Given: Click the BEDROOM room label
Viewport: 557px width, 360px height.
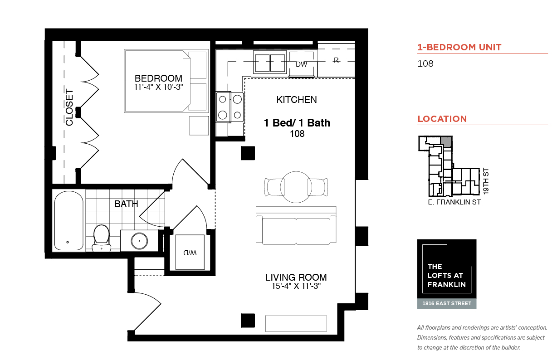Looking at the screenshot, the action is pyautogui.click(x=158, y=78).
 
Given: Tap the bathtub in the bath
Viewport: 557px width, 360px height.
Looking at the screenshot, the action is pyautogui.click(x=69, y=220).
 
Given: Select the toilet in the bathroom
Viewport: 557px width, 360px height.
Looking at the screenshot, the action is pyautogui.click(x=102, y=238).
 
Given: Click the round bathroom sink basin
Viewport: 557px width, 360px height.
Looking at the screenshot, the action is pyautogui.click(x=139, y=241).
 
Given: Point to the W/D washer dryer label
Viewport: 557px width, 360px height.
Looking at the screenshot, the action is pyautogui.click(x=190, y=253).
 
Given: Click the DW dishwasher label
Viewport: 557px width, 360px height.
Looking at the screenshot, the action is pyautogui.click(x=301, y=64).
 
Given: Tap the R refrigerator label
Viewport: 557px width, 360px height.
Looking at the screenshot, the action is pyautogui.click(x=336, y=60).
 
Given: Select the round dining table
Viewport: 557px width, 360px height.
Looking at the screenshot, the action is pyautogui.click(x=296, y=187).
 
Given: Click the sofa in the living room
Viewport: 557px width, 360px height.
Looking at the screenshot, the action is pyautogui.click(x=296, y=225).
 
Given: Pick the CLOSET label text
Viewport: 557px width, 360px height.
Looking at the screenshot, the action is pyautogui.click(x=69, y=107).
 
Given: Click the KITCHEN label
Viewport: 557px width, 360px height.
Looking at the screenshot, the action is pyautogui.click(x=297, y=100).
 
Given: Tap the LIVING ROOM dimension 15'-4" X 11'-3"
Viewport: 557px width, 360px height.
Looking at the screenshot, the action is pyautogui.click(x=296, y=286).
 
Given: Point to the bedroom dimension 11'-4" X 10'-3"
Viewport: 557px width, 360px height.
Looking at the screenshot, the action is pyautogui.click(x=158, y=87).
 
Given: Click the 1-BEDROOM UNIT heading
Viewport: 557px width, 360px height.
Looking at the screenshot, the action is pyautogui.click(x=459, y=47).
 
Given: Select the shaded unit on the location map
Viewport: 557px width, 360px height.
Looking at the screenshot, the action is pyautogui.click(x=446, y=142).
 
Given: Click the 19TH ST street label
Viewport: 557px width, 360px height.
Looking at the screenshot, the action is pyautogui.click(x=486, y=181).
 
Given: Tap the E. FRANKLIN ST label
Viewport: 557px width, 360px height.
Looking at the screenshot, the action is pyautogui.click(x=454, y=202).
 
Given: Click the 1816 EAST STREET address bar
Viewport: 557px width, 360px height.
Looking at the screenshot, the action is pyautogui.click(x=447, y=303).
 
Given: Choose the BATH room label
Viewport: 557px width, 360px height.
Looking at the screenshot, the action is pyautogui.click(x=126, y=204).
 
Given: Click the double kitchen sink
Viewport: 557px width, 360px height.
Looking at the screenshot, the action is pyautogui.click(x=270, y=62).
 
